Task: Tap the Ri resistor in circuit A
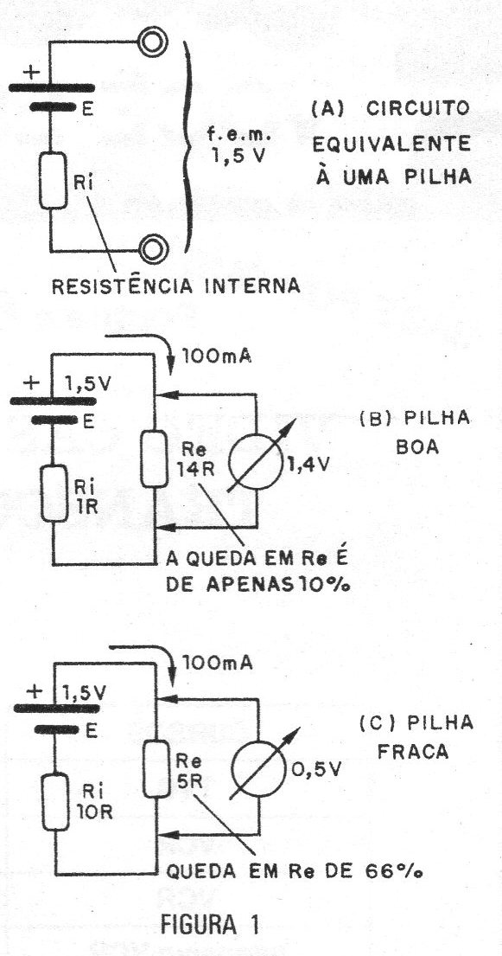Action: [x=54, y=181]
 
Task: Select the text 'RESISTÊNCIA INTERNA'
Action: [x=176, y=286]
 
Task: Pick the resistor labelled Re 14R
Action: [x=154, y=459]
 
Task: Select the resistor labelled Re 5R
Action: [x=158, y=768]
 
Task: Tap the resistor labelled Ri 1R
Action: [x=54, y=492]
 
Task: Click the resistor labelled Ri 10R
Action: [x=57, y=801]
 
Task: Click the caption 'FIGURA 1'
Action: [x=210, y=925]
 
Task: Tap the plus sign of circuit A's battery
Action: [x=30, y=72]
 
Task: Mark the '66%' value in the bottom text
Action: [x=400, y=872]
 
